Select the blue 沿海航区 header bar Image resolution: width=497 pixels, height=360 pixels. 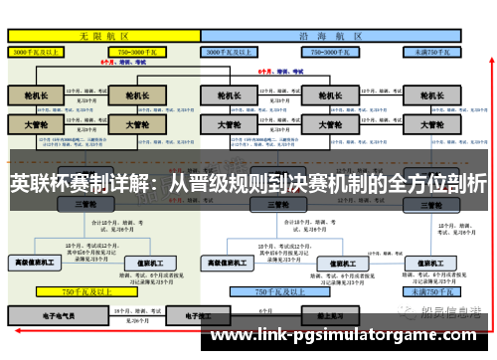pyautogui.click(x=333, y=35)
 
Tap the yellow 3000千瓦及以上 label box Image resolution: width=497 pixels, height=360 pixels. pyautogui.click(x=37, y=51)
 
